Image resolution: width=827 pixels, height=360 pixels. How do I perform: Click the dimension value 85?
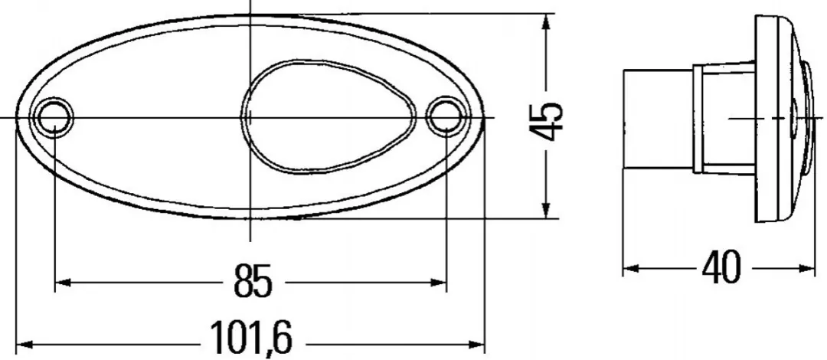(253, 281)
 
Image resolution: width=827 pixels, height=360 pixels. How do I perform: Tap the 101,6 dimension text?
(251, 339)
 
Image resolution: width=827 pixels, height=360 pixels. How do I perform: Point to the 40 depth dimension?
(721, 267)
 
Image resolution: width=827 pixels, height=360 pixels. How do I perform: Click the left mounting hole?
(54, 116)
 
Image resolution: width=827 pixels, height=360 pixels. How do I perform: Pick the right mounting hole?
(446, 116)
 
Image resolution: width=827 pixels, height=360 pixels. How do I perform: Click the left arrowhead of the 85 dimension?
(63, 283)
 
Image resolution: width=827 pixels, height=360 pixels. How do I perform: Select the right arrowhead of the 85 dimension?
(439, 283)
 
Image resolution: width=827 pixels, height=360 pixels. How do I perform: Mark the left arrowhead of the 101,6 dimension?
(25, 345)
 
